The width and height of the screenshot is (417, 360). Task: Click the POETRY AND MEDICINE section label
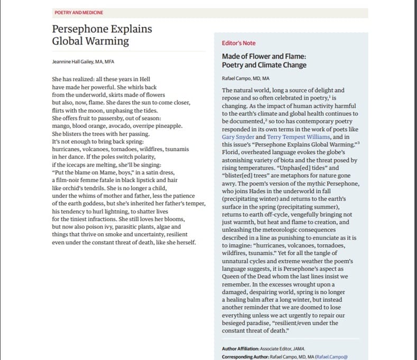(79, 12)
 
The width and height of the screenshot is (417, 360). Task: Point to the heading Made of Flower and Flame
(264, 56)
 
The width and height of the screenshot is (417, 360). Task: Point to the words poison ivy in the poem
(103, 227)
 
